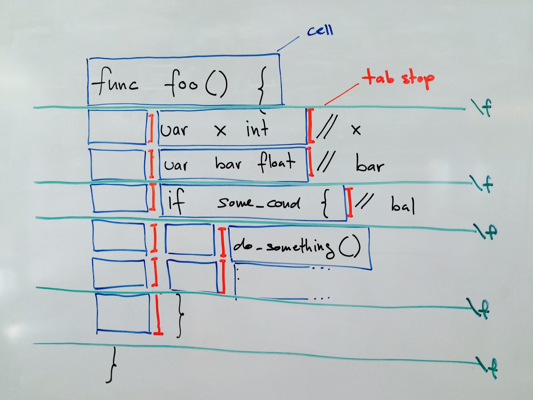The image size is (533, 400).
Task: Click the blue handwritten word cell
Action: point(320,31)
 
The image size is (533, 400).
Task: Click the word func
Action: point(114,82)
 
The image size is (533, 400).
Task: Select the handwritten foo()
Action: point(195,84)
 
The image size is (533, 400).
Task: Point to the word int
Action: point(257,129)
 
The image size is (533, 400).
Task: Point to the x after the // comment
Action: point(356,130)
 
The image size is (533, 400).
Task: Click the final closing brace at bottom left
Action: point(113,365)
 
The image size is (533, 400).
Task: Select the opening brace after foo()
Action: point(264,88)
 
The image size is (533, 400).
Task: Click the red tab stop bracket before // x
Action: point(310,126)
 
